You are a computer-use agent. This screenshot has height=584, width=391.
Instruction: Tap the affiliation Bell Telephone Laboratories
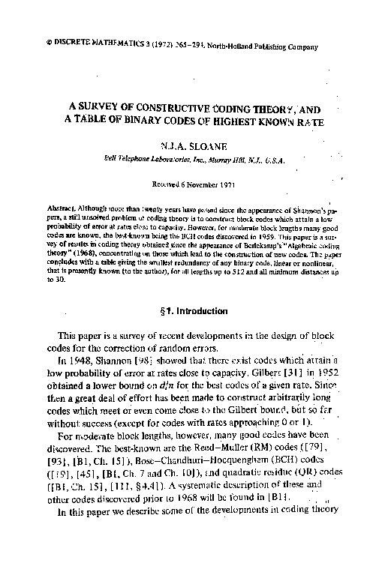154,160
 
